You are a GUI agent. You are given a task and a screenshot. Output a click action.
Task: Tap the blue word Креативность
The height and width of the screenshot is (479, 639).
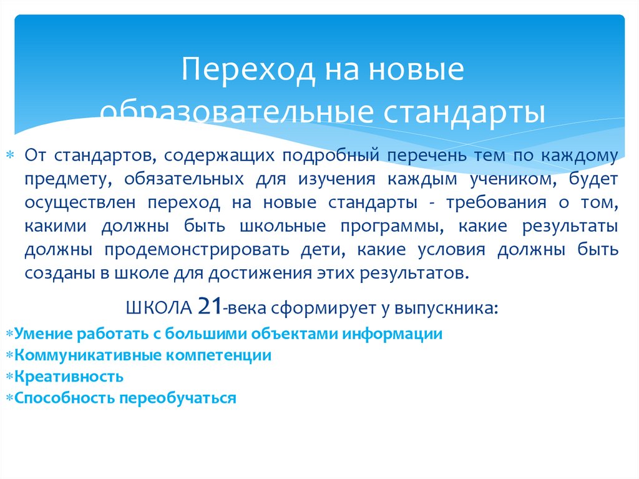pos(69,377)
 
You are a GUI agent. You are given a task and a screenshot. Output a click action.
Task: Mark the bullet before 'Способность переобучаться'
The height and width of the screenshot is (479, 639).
pos(9,398)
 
